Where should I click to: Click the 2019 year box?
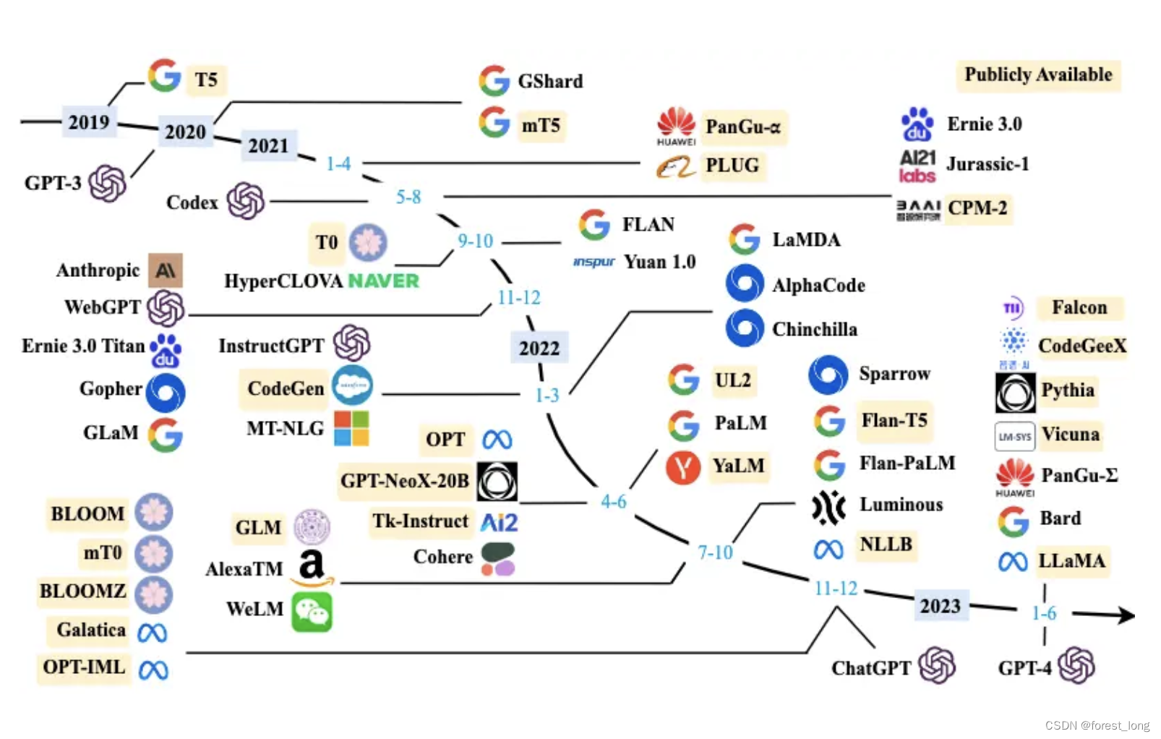[x=89, y=121]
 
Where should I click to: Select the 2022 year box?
[x=539, y=348]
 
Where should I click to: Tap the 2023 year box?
[x=940, y=605]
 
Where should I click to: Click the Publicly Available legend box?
[x=1038, y=75]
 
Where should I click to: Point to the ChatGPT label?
[x=871, y=668]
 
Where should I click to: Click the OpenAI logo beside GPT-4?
[x=1076, y=666]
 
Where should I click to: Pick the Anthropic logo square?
[x=166, y=270]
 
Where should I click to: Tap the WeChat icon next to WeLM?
[x=312, y=612]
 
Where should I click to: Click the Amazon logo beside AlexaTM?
[x=312, y=568]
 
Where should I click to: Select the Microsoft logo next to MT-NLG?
[x=351, y=428]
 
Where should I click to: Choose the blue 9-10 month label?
[x=475, y=241]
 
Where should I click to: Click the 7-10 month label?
[x=715, y=552]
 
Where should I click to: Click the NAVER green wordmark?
[x=383, y=281]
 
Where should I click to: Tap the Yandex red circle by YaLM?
[x=683, y=466]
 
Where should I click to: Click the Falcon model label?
[x=1079, y=307]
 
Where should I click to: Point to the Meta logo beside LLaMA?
[x=1013, y=562]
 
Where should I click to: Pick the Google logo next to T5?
[x=165, y=76]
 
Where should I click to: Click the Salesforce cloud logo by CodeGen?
[x=353, y=385]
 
